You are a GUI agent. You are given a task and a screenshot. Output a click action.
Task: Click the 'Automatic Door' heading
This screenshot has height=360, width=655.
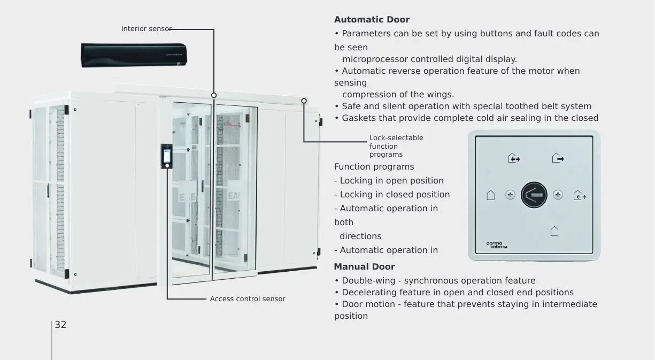point(372,20)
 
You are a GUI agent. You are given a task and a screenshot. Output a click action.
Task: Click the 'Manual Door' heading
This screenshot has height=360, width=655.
point(364,267)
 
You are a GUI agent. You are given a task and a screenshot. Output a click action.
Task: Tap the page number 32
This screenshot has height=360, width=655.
point(60,325)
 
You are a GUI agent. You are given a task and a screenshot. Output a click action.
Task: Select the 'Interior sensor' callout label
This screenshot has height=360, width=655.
point(146,29)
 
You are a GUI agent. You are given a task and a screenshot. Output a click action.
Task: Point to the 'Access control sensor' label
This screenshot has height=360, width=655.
point(248,299)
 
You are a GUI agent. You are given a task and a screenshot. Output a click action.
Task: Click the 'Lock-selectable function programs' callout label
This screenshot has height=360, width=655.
point(396,146)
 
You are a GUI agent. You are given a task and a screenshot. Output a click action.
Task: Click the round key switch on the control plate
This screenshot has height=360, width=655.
point(534,195)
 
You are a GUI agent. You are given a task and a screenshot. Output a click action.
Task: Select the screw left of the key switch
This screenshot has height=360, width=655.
point(510,195)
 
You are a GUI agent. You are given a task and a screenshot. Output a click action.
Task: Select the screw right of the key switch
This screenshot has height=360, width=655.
point(558,195)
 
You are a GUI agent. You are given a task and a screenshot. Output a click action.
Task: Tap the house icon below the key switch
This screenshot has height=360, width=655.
point(554,231)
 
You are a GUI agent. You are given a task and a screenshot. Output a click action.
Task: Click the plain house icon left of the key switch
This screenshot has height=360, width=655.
point(490,195)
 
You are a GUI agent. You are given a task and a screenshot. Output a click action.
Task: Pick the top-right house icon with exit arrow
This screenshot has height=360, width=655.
point(558,158)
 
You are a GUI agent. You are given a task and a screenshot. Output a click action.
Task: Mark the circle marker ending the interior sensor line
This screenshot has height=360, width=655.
point(214,95)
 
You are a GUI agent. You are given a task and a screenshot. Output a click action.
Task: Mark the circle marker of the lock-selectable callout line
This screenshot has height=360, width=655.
point(304,101)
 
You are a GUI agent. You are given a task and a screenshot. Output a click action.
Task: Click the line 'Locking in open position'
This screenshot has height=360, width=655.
point(389,181)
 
